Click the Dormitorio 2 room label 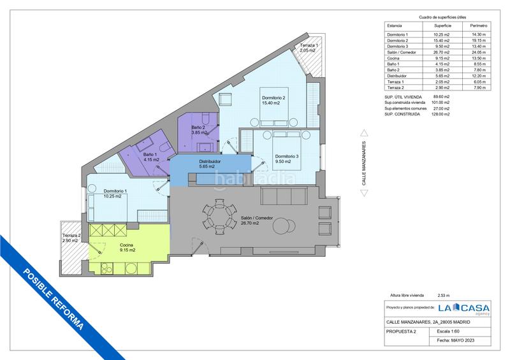[x=273, y=98]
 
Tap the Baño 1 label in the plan [x=150, y=154]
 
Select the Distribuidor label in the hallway [x=210, y=161]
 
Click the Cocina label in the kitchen [x=126, y=245]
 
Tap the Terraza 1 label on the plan [x=309, y=45]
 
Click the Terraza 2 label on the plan [x=71, y=236]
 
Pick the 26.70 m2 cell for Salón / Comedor [x=442, y=52]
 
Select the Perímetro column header [x=479, y=25]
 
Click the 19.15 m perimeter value [x=479, y=41]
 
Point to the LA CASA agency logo [x=463, y=308]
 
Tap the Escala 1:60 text [x=448, y=331]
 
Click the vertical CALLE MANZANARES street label [x=364, y=163]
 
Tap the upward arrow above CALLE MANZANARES [x=364, y=133]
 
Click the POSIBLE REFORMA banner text [x=54, y=299]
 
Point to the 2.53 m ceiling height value [x=444, y=296]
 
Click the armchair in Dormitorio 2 [x=225, y=99]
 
